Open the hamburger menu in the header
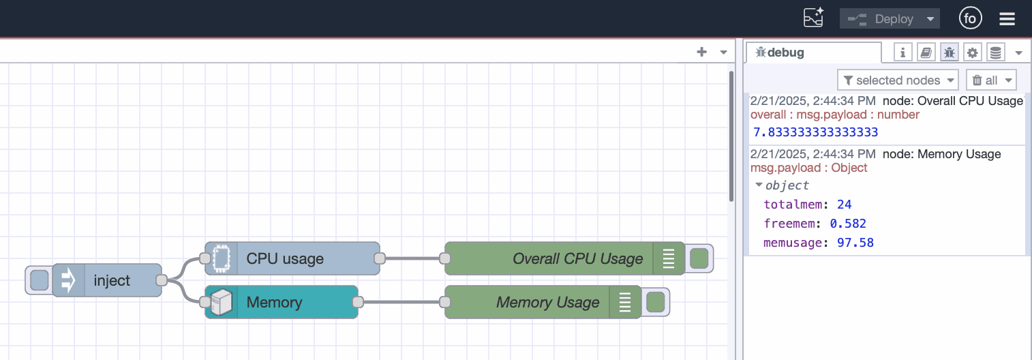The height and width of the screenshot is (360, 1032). [x=1007, y=19]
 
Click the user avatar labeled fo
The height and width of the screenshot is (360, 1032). [x=970, y=19]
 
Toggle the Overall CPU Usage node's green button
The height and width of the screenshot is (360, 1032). [x=699, y=258]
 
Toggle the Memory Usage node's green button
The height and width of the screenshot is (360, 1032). [x=655, y=302]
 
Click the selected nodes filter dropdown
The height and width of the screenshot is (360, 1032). [x=898, y=80]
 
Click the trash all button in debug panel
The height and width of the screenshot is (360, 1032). [x=990, y=80]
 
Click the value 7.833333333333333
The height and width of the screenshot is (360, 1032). [x=815, y=132]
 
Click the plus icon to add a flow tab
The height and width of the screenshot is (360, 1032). [x=701, y=52]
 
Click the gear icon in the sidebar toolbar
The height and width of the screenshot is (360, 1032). [x=972, y=52]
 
